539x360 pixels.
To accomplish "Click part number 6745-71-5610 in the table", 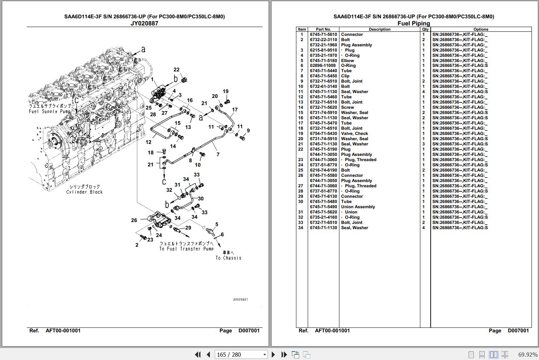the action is click(323, 34).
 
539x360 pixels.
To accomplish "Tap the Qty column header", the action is click(425, 29).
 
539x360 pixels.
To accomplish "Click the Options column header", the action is click(481, 29).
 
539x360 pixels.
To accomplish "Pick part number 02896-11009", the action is click(322, 65).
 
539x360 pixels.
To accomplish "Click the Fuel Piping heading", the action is click(413, 23).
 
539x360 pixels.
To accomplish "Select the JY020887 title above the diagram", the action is click(145, 23).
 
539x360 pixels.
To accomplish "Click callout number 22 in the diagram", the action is click(176, 70).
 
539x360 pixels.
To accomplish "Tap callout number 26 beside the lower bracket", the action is click(134, 220).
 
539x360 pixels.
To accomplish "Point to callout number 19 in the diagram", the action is click(226, 91).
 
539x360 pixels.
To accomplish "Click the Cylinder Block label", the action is click(84, 192).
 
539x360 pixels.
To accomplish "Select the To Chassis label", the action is click(228, 258).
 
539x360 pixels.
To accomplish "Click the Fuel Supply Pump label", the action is click(50, 111).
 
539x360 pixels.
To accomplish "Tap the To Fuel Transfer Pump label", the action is click(186, 249).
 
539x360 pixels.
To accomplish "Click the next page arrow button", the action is click(273, 354).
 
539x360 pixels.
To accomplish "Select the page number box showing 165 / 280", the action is click(241, 354).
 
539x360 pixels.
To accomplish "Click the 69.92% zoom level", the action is click(528, 355).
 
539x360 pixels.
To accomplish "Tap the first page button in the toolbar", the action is click(198, 354).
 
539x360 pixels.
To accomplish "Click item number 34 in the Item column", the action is click(301, 228).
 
